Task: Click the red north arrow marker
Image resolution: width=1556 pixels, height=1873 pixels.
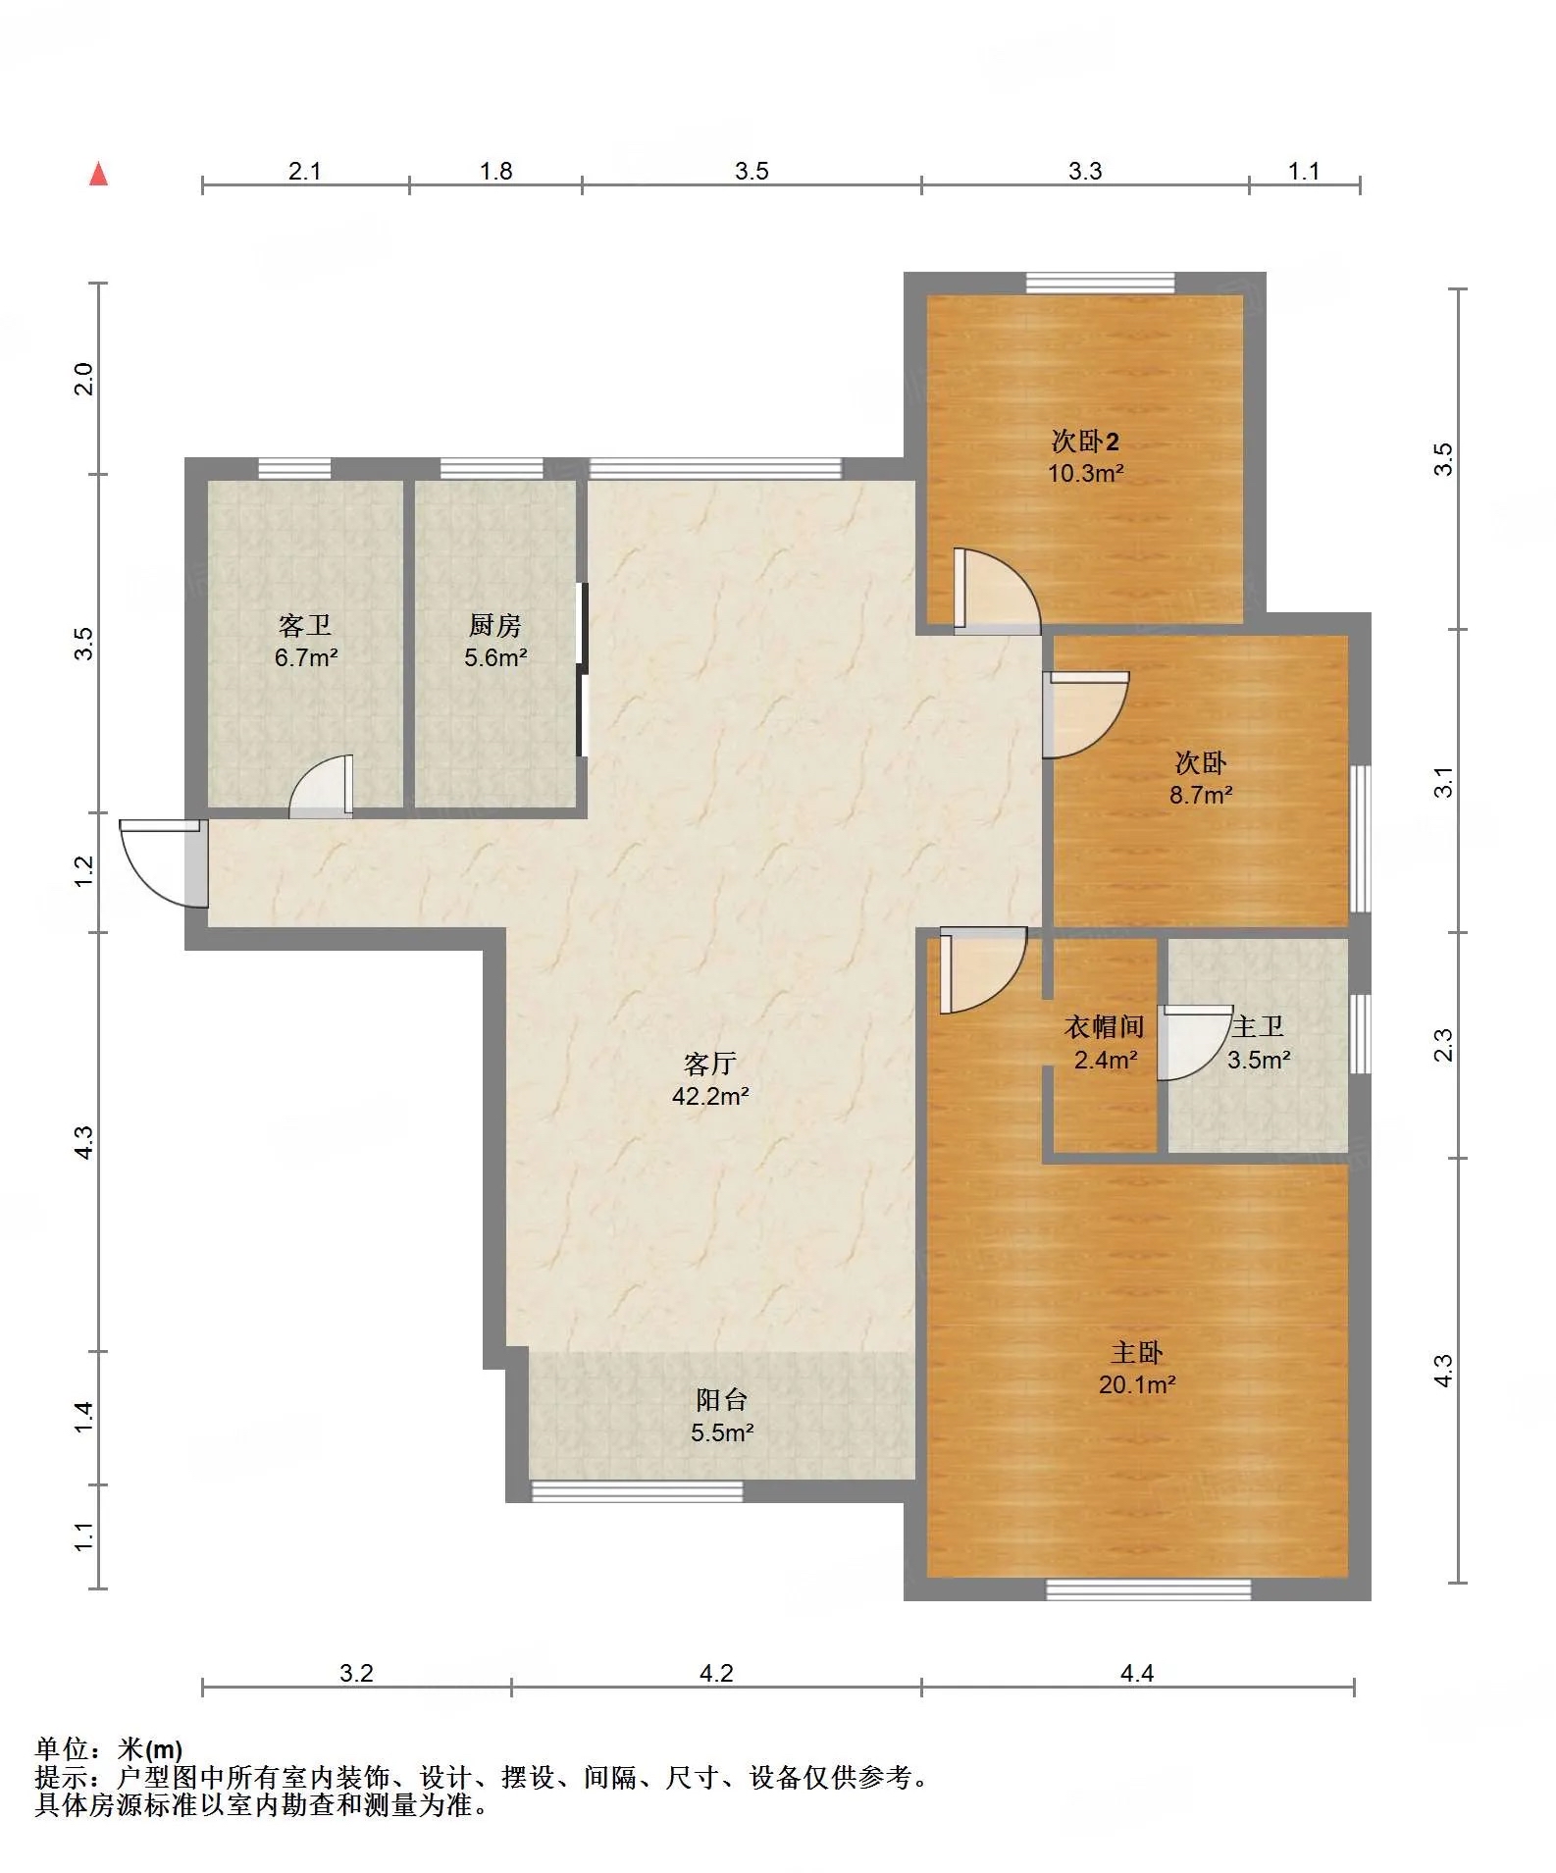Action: pyautogui.click(x=98, y=174)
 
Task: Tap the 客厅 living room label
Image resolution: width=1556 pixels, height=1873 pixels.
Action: pyautogui.click(x=710, y=1064)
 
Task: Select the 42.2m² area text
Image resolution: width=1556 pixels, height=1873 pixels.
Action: pyautogui.click(x=710, y=1096)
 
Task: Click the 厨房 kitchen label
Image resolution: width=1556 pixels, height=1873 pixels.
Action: pyautogui.click(x=495, y=625)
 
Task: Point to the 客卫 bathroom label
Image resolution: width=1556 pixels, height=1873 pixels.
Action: pyautogui.click(x=305, y=625)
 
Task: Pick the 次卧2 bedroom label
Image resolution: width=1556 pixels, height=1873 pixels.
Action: pyautogui.click(x=1085, y=441)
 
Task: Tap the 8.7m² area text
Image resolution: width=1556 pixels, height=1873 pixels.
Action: pyautogui.click(x=1201, y=795)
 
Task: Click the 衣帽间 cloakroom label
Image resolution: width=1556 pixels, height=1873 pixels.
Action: pyautogui.click(x=1105, y=1027)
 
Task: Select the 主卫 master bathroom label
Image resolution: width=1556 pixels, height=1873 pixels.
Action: pyautogui.click(x=1258, y=1027)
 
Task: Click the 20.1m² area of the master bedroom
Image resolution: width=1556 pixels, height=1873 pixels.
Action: pyautogui.click(x=1137, y=1384)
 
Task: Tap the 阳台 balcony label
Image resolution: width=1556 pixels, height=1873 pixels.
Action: pyautogui.click(x=722, y=1400)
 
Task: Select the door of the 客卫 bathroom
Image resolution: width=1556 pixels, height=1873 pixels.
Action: pyautogui.click(x=322, y=786)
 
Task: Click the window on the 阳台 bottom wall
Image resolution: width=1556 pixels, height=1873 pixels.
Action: pyautogui.click(x=637, y=1491)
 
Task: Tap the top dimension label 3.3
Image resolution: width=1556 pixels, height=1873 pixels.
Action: pyautogui.click(x=1085, y=171)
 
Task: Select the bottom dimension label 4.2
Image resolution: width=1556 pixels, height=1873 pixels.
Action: pyautogui.click(x=716, y=1673)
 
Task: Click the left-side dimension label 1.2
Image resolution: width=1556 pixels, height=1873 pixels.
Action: pyautogui.click(x=84, y=870)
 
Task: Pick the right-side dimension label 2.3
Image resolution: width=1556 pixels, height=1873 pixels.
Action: pyautogui.click(x=1443, y=1044)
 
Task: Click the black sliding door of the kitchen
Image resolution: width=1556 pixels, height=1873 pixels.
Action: pyautogui.click(x=582, y=670)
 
